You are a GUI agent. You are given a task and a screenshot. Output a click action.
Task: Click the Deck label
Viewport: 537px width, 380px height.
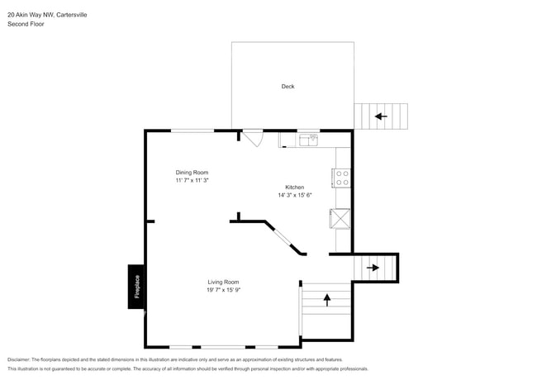[x=288, y=87]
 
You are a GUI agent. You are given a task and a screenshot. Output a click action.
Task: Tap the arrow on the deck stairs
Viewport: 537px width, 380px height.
[x=381, y=116]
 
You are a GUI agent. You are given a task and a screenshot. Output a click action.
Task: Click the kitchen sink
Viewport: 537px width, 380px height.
[x=308, y=140]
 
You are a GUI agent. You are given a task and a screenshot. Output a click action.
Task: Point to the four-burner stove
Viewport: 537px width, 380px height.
[x=341, y=178]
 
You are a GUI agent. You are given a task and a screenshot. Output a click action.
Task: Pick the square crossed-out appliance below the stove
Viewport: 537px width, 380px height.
[x=340, y=218]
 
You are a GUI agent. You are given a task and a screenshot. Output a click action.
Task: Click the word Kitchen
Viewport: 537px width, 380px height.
[x=295, y=188]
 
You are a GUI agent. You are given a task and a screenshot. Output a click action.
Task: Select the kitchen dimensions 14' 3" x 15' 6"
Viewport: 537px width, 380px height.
[x=295, y=196]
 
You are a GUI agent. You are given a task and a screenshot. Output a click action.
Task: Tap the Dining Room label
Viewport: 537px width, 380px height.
[x=192, y=172]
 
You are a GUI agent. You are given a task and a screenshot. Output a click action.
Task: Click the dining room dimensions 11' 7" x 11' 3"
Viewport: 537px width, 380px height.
[x=192, y=180]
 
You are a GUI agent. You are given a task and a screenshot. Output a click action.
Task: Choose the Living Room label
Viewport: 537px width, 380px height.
[x=224, y=282]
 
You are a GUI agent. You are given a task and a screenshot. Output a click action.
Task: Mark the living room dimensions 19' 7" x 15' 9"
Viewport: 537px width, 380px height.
[x=224, y=290]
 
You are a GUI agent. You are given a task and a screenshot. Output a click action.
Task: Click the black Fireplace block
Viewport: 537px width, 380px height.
[x=136, y=287]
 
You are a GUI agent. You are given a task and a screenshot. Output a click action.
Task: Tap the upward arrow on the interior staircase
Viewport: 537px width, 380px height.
[x=326, y=299]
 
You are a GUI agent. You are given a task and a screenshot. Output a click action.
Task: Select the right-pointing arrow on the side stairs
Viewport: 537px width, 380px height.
[x=373, y=268]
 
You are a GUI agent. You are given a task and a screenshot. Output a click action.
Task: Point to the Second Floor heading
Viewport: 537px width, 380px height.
[x=26, y=24]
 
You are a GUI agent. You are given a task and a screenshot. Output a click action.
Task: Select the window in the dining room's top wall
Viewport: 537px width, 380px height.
[x=192, y=131]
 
